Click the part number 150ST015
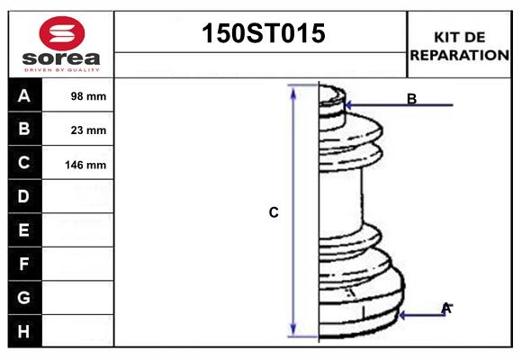pos(261,35)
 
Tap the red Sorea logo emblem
pos(61,33)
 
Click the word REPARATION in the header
pos(459,55)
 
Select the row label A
pos(24,96)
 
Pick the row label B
pos(24,130)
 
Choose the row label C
pos(24,164)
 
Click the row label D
pos(24,196)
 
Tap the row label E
pos(24,230)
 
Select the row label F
pos(24,264)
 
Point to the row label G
pos(24,297)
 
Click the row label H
pos(24,331)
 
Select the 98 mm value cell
pos(88,96)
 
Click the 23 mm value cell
pos(88,130)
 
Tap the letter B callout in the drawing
pos(411,99)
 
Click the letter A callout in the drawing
pos(445,308)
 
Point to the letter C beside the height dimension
pos(274,213)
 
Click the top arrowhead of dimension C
pos(292,90)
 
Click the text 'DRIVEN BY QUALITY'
pos(61,68)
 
